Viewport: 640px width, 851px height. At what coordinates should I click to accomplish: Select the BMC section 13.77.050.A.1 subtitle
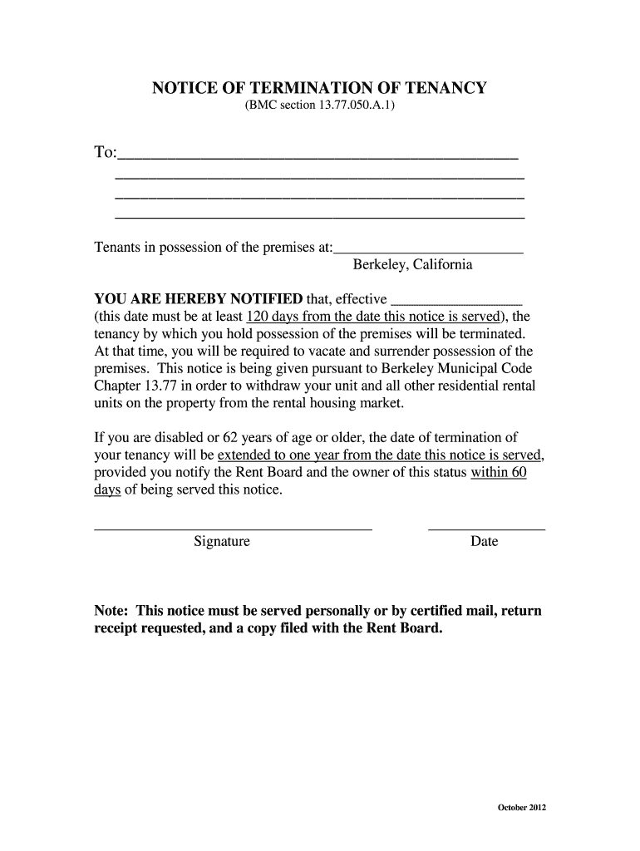(319, 109)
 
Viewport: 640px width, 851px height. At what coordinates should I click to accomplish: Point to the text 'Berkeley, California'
(412, 265)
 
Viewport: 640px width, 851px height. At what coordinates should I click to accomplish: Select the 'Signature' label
(222, 542)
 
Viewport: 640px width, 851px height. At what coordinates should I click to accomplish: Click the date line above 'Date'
(486, 528)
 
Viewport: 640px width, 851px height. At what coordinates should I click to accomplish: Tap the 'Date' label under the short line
(485, 542)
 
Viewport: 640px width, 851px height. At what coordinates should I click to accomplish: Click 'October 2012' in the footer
(521, 808)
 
